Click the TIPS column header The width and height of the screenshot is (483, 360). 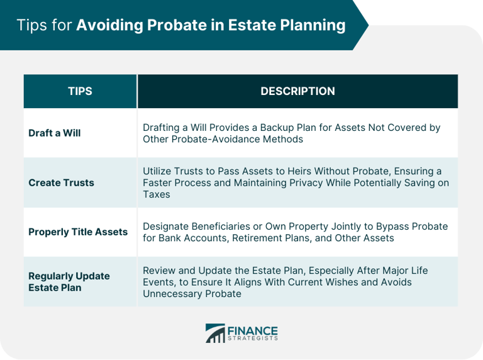point(80,91)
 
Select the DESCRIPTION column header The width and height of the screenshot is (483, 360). point(297,91)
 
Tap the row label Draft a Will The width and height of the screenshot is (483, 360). point(55,133)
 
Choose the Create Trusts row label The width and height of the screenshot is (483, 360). point(61,183)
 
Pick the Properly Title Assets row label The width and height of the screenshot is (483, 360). point(78,232)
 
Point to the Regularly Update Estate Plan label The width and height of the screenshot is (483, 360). point(69,281)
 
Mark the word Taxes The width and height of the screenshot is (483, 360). point(156,195)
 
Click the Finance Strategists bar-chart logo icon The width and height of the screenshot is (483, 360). point(215,333)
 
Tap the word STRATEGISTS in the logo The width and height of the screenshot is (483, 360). point(253,338)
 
